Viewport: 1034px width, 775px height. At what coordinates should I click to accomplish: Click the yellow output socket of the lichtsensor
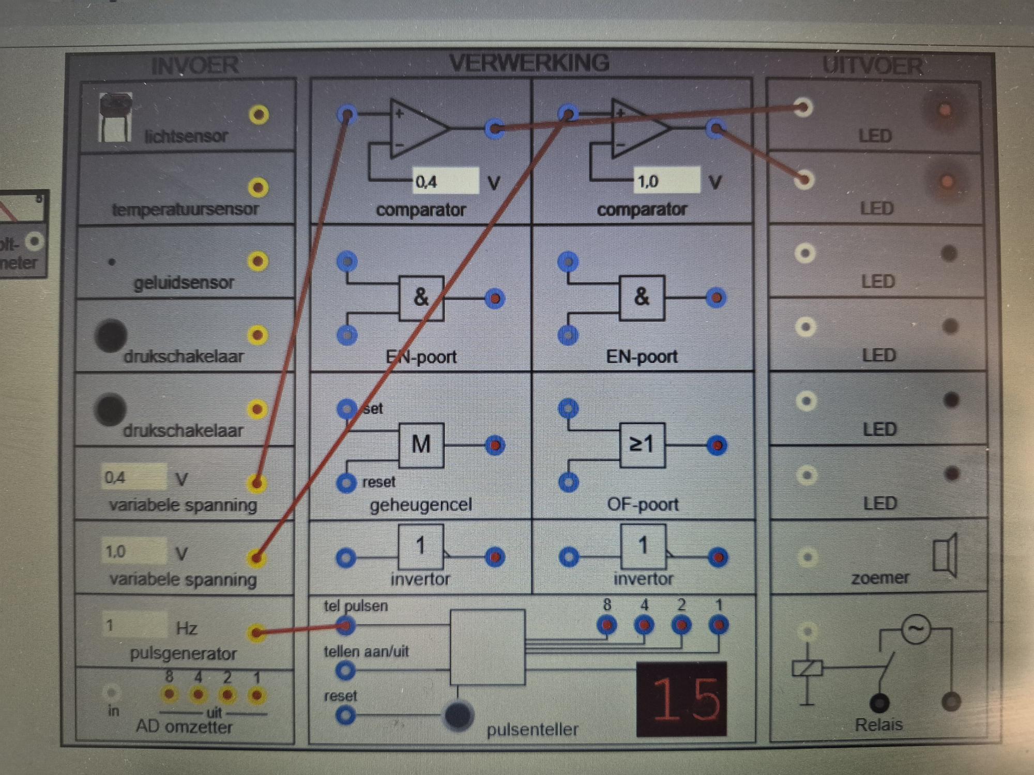258,114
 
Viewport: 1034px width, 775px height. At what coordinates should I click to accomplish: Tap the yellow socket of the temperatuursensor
258,188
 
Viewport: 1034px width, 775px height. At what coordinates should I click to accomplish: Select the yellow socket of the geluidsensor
257,261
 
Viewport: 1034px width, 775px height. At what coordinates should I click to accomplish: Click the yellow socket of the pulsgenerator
256,632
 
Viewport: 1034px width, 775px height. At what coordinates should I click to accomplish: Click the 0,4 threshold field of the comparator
445,181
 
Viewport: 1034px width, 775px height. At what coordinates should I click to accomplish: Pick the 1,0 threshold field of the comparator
666,181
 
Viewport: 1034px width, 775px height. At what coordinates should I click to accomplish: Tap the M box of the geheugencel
421,444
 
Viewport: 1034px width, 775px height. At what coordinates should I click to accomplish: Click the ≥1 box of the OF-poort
642,444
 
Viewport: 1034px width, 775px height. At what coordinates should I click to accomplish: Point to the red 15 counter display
681,699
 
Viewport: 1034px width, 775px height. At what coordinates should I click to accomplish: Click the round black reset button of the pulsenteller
458,716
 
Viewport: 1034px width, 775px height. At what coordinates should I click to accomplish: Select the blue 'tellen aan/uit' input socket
345,671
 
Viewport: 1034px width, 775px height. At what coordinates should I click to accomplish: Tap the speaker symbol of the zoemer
946,556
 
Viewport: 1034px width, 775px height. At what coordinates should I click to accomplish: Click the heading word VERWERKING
529,63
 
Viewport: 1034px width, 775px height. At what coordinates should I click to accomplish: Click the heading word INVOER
195,66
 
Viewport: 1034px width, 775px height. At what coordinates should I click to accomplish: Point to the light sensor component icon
115,118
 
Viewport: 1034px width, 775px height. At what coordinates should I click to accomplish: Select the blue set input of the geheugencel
346,409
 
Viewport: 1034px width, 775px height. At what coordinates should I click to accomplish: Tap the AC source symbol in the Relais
916,629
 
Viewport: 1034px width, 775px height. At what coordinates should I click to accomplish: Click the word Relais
878,724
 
